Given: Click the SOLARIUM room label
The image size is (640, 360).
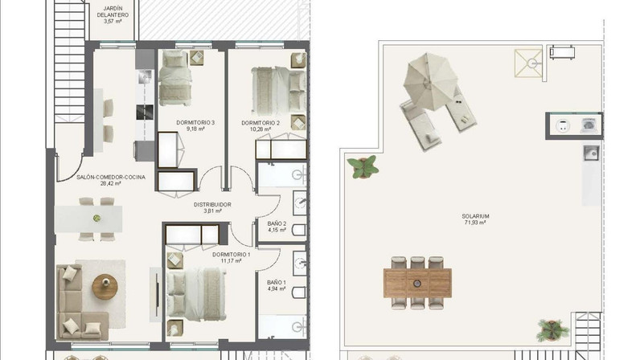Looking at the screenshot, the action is (475, 216).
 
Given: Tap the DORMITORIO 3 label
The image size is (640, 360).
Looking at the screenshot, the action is (195, 122).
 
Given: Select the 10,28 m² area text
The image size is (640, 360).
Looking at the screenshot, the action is (261, 129).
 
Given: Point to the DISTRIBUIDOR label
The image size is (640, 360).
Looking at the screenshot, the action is (212, 204).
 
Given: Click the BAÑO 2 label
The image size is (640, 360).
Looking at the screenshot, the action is (277, 223).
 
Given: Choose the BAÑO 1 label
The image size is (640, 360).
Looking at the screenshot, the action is (277, 282).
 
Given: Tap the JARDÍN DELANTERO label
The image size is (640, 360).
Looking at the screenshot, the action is (113, 12).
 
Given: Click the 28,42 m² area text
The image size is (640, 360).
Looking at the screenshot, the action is (111, 184).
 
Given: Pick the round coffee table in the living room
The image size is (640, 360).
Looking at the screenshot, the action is (105, 287).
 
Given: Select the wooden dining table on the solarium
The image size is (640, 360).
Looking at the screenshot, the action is (417, 283).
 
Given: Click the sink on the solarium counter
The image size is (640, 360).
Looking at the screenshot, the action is (591, 153).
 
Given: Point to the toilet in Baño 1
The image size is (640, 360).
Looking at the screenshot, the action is (300, 292).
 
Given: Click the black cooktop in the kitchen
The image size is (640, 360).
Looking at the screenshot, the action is (145, 112).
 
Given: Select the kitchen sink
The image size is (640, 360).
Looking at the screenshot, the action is (145, 76).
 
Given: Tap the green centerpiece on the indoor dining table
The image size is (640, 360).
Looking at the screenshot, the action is (96, 219).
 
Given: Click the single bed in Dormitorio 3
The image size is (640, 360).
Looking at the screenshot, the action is (175, 78).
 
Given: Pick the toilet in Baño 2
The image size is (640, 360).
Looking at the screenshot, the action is (300, 230).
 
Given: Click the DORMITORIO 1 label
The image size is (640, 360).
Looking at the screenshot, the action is (231, 254).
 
